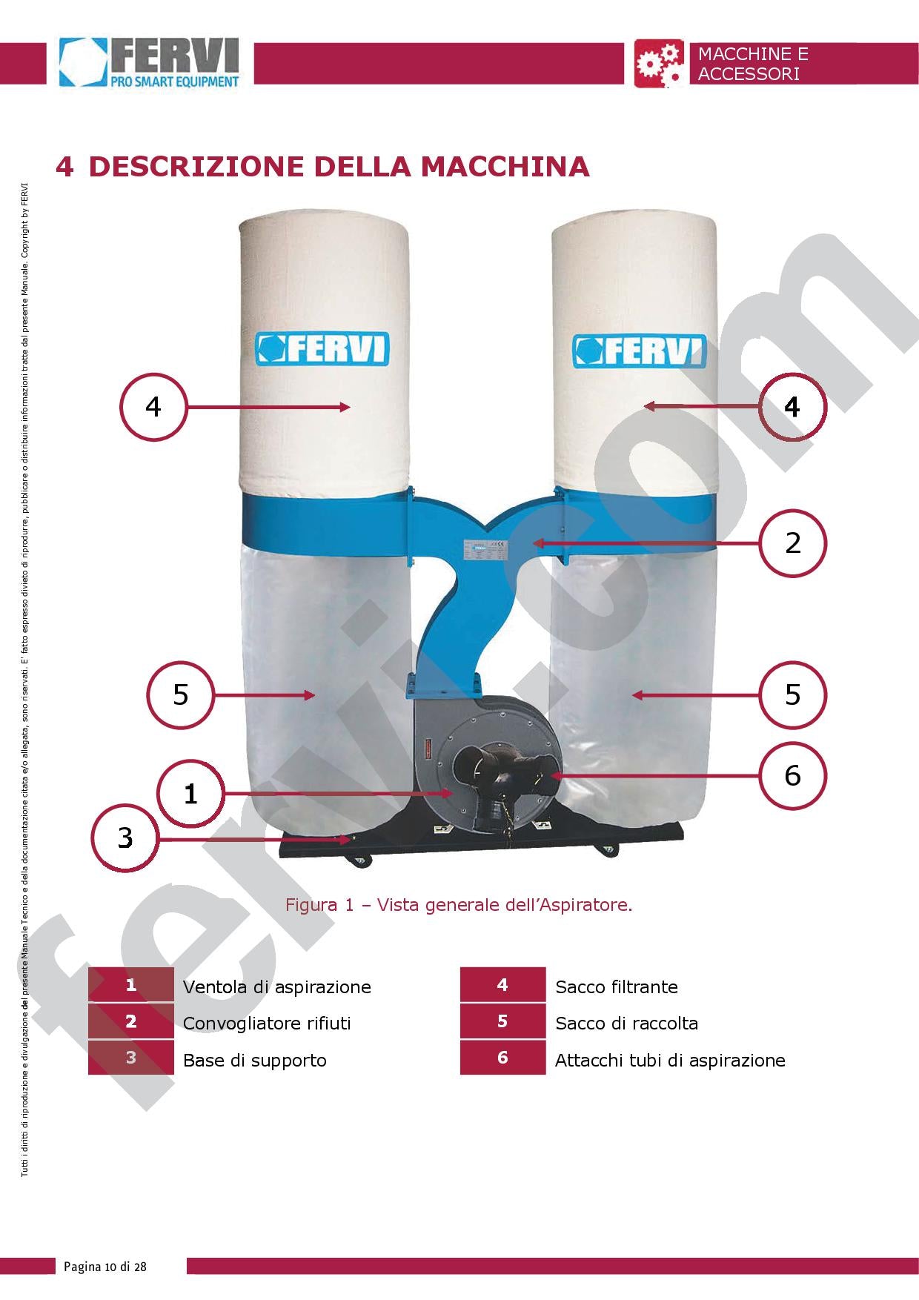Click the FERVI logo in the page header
click(150, 64)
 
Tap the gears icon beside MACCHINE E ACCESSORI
click(660, 64)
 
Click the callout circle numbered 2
click(792, 543)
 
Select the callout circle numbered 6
click(792, 775)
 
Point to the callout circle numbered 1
click(190, 794)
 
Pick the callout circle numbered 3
click(125, 838)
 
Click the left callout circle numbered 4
click(153, 407)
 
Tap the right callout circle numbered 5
click(792, 694)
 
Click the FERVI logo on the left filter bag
click(322, 348)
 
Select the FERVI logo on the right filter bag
click(640, 351)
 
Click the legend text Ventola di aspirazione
click(276, 987)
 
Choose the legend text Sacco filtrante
click(616, 987)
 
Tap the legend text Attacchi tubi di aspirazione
click(669, 1061)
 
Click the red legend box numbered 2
click(131, 1021)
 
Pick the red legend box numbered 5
click(502, 1021)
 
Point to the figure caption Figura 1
click(459, 905)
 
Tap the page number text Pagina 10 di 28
click(105, 1267)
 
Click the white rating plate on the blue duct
click(485, 549)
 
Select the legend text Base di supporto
click(254, 1061)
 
